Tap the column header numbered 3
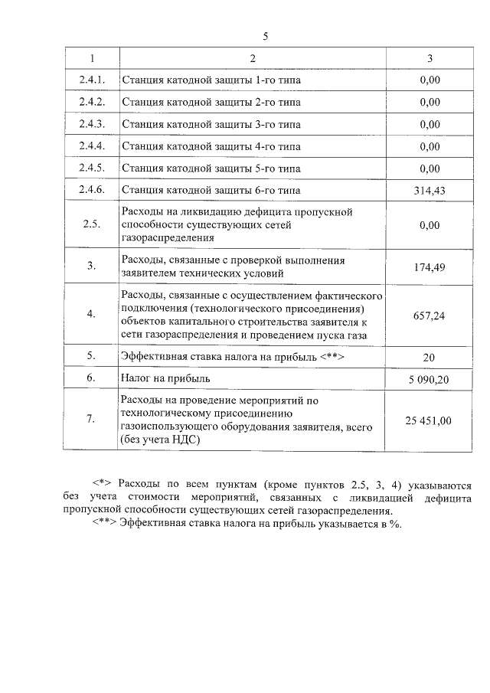coord(430,58)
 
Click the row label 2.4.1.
coord(92,80)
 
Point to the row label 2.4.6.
coord(92,190)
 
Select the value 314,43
coord(430,190)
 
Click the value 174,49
coord(430,266)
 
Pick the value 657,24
coord(430,315)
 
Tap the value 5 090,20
coord(430,378)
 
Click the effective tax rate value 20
coord(430,356)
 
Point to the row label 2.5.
coord(92,225)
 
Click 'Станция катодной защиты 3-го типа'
coord(211,124)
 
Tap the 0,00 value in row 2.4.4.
coord(430,146)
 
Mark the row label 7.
coord(92,420)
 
